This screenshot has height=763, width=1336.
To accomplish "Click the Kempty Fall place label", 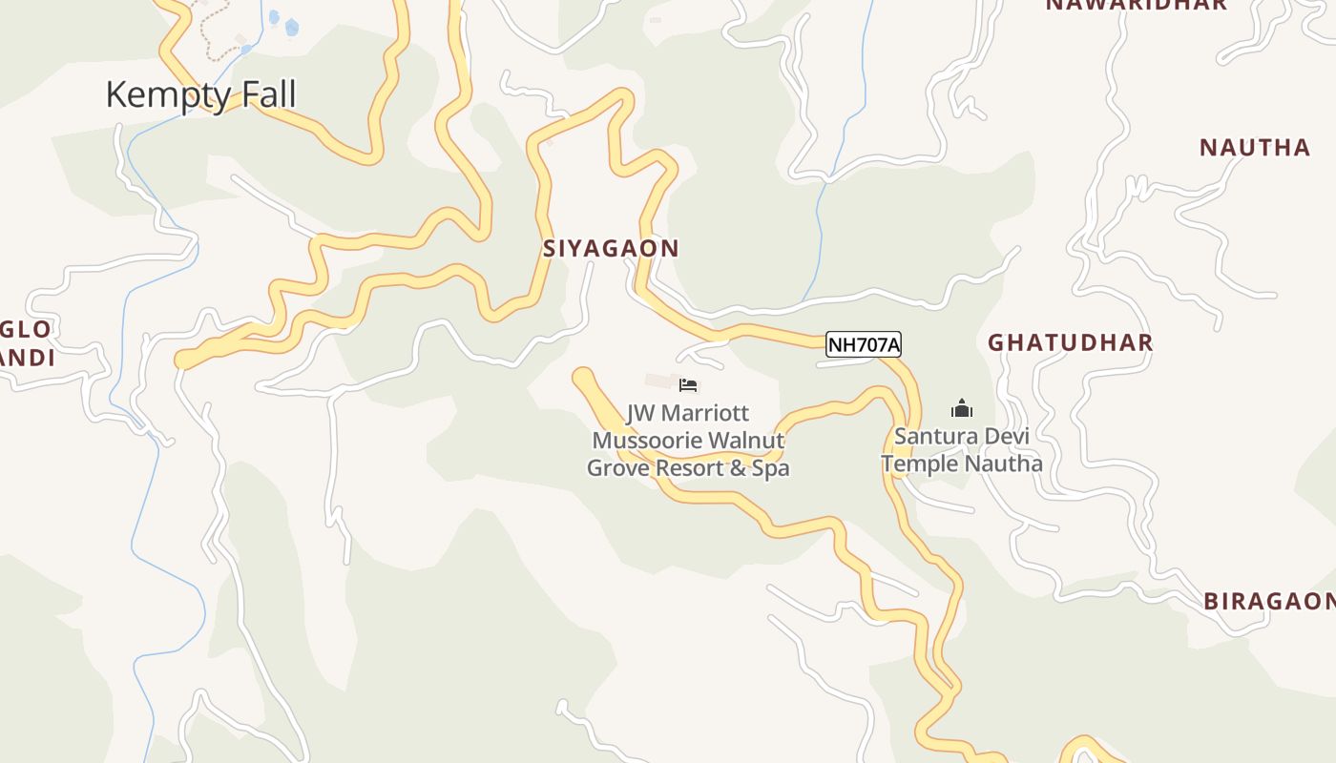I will point(200,94).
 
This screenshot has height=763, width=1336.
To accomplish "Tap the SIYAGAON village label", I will point(611,249).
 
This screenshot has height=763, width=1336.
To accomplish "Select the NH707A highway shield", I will point(863,344).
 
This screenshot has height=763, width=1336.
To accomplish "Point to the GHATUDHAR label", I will point(1070,342).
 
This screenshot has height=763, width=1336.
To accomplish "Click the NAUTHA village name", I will point(1254,148).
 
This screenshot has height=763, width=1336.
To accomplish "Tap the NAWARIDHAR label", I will point(1136,5).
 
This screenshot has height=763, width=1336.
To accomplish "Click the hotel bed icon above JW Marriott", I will point(688,385).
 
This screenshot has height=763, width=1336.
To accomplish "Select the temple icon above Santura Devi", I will point(961,409).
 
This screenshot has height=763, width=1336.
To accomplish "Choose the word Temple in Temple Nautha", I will point(918,464).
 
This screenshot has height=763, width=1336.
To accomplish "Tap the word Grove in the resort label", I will point(616,468).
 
